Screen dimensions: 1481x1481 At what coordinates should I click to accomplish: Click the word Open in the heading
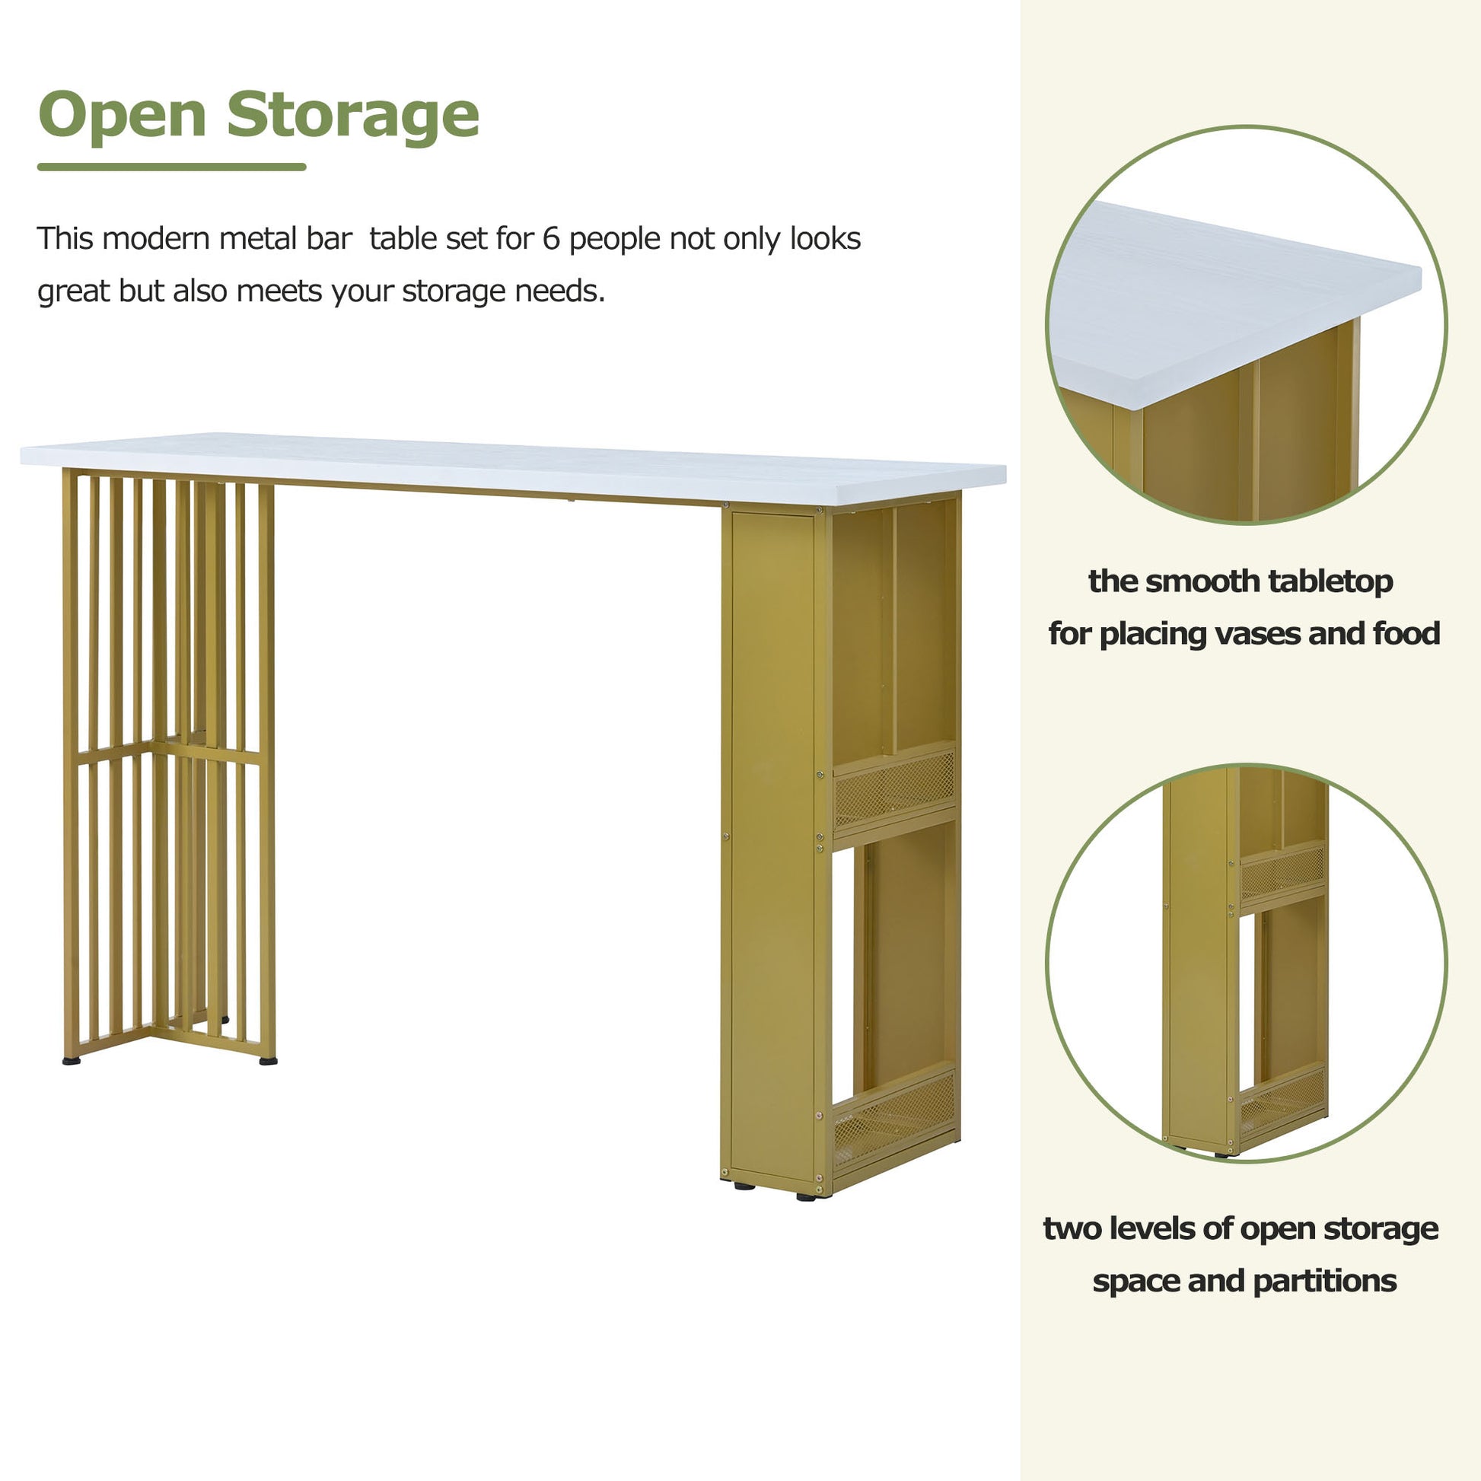point(123,116)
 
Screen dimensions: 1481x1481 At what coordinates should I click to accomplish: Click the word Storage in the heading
point(352,116)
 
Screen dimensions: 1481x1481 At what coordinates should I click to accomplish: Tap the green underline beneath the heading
point(172,167)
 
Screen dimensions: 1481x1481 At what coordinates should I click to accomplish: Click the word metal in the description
point(252,238)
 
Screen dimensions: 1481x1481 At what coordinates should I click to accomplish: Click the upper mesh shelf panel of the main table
point(894,789)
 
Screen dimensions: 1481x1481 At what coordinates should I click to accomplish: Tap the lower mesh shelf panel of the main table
point(894,1119)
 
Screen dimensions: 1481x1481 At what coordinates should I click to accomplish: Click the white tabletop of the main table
point(513,467)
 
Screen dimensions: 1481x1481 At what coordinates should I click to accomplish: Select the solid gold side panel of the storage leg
point(774,847)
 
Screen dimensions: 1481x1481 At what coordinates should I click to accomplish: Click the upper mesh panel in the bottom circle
point(1282,873)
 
